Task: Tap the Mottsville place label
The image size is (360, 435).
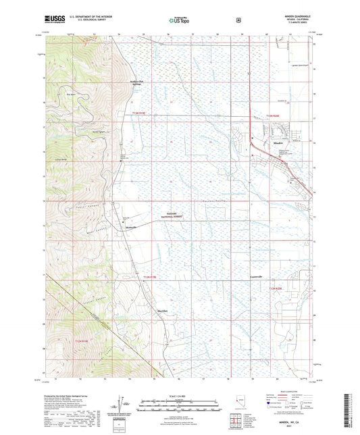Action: (132, 228)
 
